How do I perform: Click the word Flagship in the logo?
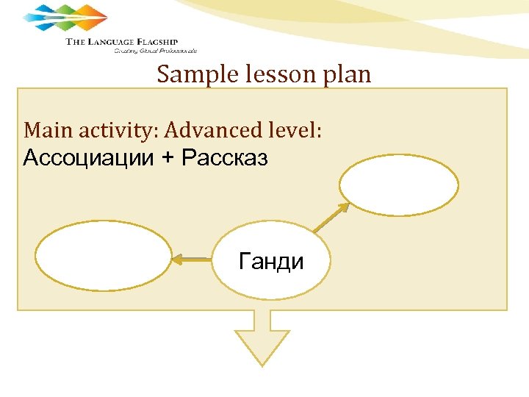(154, 42)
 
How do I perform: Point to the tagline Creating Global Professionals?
(155, 51)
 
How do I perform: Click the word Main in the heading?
(44, 130)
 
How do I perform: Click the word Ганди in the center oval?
(271, 261)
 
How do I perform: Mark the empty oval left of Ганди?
(102, 258)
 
